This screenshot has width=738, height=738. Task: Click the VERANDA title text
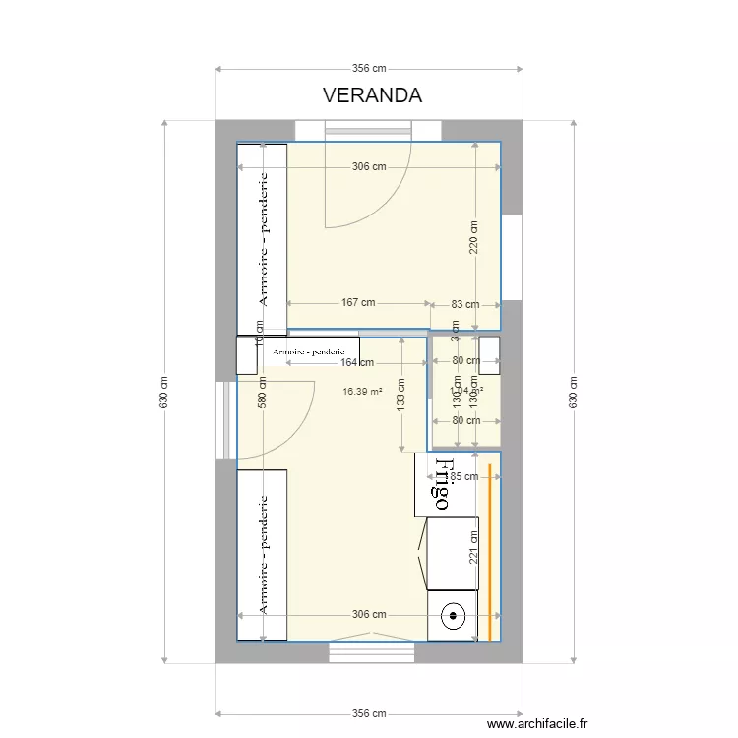372,95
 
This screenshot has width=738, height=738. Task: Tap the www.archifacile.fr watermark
538,724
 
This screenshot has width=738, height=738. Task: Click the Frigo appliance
440,483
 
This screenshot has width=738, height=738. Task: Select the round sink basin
454,618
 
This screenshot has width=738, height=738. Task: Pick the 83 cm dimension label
464,304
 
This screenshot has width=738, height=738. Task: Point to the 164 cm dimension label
356,362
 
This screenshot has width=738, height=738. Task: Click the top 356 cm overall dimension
369,69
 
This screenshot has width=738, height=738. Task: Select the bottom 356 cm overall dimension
369,714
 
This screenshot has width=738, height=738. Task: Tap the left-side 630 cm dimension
164,394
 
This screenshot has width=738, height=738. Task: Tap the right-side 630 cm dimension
573,394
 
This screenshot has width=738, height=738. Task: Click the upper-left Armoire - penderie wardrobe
262,239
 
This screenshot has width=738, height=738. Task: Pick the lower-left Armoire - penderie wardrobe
262,555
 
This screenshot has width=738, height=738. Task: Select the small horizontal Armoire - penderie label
310,351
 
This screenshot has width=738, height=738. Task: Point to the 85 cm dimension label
464,476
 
